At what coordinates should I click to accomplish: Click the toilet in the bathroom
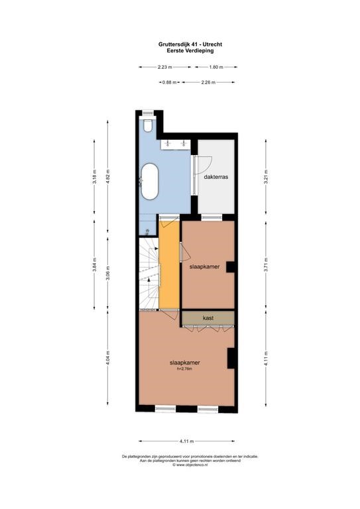[148, 126]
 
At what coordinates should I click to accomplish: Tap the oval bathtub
[149, 181]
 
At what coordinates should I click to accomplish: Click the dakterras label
[216, 177]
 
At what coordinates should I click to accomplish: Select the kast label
[208, 318]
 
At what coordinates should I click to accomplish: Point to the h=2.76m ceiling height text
[184, 368]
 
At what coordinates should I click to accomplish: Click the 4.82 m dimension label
[109, 176]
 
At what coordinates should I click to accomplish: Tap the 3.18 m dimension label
[94, 176]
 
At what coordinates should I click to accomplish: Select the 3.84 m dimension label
[94, 264]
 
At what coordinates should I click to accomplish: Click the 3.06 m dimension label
[109, 273]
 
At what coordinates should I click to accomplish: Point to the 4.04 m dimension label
[109, 358]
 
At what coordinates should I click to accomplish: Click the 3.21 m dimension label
[266, 176]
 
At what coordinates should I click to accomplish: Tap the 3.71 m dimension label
[266, 264]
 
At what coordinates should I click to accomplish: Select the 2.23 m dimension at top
[164, 67]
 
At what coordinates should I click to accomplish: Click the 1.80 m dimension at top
[216, 67]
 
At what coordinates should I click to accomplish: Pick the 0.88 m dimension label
[170, 82]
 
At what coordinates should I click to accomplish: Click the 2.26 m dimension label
[208, 82]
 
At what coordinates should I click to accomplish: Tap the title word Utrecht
[213, 44]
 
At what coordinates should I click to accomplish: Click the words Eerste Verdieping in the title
[190, 50]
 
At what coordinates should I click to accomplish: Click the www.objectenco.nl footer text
[190, 465]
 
